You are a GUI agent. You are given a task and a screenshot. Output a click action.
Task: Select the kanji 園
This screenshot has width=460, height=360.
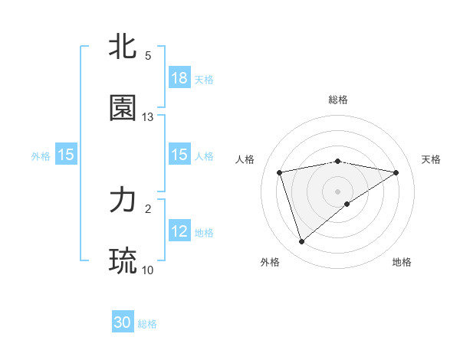click(x=123, y=109)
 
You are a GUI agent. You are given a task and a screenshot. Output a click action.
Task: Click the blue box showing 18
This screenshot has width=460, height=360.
click(x=179, y=78)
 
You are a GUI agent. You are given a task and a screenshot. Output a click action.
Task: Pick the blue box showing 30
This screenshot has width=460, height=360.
click(x=123, y=322)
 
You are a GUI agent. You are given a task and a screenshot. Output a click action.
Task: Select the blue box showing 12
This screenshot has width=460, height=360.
click(x=179, y=231)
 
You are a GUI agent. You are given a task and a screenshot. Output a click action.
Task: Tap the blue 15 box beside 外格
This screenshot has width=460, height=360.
click(x=66, y=155)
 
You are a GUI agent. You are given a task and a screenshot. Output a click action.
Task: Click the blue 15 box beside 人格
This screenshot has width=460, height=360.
click(x=179, y=155)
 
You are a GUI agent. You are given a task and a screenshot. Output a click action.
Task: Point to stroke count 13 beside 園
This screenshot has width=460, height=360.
click(x=148, y=117)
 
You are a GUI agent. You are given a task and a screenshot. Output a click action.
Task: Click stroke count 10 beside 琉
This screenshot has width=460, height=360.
click(x=148, y=270)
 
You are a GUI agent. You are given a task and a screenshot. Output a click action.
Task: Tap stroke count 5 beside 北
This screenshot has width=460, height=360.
click(x=148, y=56)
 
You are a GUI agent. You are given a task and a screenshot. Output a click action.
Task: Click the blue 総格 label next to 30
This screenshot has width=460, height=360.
click(x=147, y=324)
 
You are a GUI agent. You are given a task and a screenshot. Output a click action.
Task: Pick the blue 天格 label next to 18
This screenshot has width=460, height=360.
click(x=203, y=79)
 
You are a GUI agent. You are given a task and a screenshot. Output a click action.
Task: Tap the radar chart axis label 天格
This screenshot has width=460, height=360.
click(x=432, y=159)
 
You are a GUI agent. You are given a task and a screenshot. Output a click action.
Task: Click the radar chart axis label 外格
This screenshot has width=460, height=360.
click(x=270, y=262)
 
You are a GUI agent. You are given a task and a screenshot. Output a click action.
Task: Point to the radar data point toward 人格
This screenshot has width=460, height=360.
click(x=280, y=172)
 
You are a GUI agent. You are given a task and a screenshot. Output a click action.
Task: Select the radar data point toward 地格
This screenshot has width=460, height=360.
click(x=347, y=204)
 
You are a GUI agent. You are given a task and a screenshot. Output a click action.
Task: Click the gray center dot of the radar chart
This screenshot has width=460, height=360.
click(x=337, y=191)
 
